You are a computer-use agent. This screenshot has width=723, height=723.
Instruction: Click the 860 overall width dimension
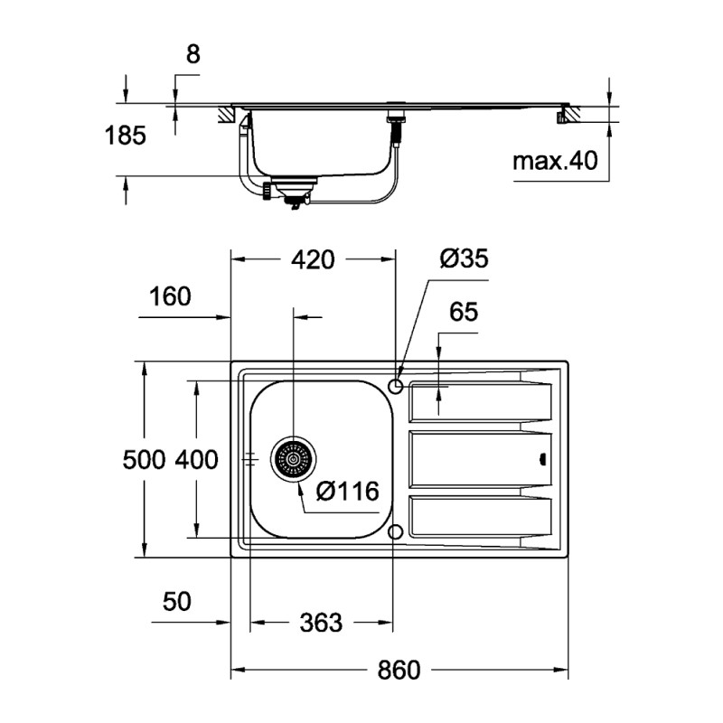pos(399,671)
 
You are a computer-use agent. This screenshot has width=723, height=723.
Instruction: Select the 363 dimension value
pos(320,623)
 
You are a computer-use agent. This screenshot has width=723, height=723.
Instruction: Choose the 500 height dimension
pos(144,460)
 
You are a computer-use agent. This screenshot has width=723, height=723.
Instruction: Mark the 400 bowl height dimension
pos(196,460)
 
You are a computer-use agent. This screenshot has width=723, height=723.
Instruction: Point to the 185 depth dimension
pos(126,136)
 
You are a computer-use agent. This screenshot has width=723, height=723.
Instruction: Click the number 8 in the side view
pos(192,54)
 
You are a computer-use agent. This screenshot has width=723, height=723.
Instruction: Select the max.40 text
pos(556,162)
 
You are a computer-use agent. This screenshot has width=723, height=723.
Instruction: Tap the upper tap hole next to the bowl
pos(395,386)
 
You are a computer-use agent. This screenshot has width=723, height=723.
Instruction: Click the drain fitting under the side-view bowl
pos(292,190)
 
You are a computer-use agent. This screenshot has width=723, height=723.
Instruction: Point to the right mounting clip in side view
pos(568,115)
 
